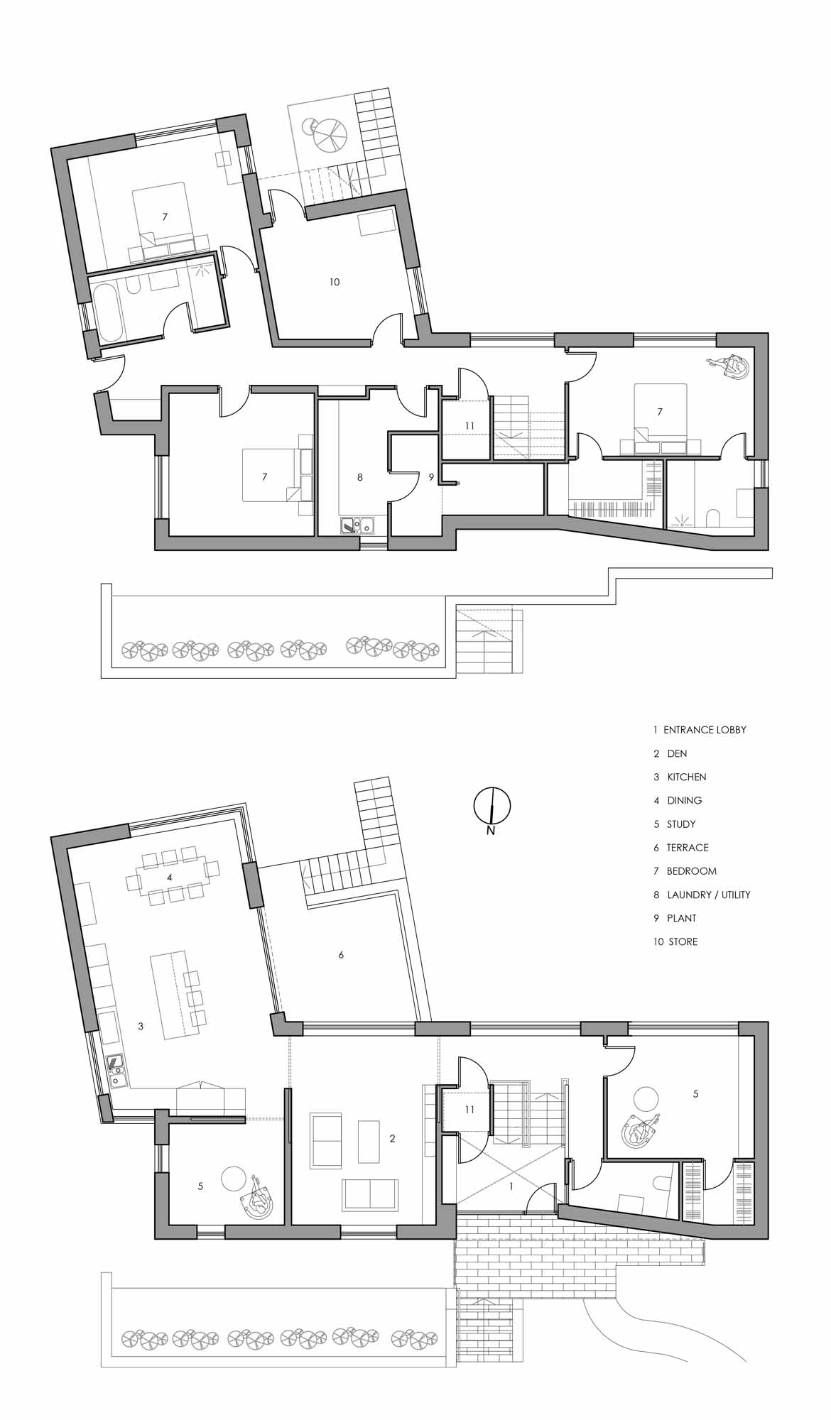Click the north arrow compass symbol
[491, 804]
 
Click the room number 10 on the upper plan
[335, 282]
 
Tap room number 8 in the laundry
[360, 478]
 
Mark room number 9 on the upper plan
[431, 478]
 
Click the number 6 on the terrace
[341, 955]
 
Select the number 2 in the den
[392, 1139]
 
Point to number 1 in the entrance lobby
[511, 1186]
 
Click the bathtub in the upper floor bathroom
[110, 312]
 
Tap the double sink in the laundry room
[358, 526]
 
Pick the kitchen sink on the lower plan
[117, 1071]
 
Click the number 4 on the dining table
[170, 878]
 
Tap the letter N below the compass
[490, 831]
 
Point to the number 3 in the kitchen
[141, 1026]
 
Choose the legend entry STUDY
[681, 824]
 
